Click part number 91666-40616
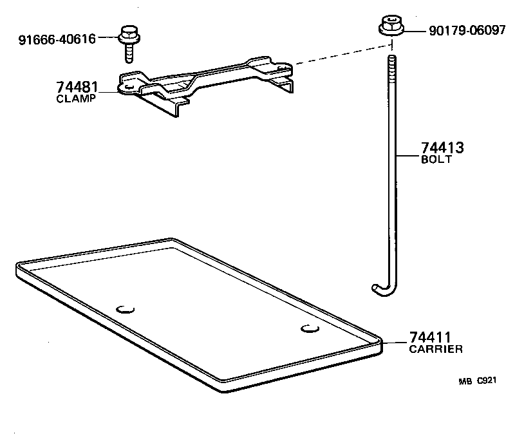[x=57, y=39]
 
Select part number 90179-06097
[x=459, y=31]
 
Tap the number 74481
[x=76, y=87]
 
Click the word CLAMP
[x=76, y=99]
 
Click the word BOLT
[x=436, y=160]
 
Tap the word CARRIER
[x=436, y=350]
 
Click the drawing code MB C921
[x=478, y=381]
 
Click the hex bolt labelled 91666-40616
[x=127, y=40]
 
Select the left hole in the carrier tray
[x=125, y=309]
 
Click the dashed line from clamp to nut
[x=335, y=55]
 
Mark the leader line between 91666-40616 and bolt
[x=108, y=39]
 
